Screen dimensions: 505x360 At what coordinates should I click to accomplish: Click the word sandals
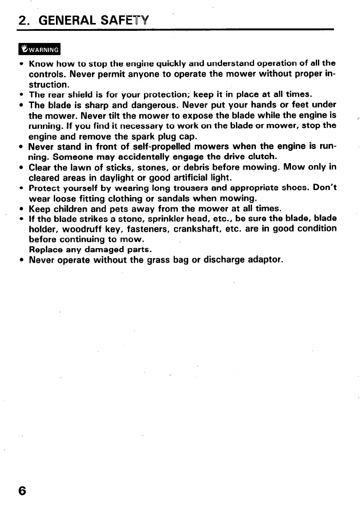coord(163,199)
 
